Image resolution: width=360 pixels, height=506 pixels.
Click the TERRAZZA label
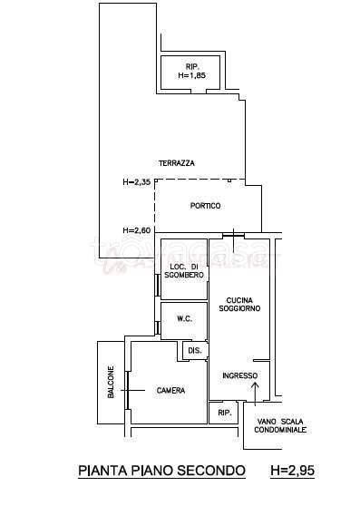177,163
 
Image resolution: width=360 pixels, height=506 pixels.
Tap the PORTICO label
206,206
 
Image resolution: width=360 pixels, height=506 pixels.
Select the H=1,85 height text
192,75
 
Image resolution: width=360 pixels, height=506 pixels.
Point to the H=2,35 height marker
137,182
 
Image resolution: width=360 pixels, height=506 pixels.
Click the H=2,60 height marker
137,230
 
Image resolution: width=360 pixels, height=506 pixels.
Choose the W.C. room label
184,319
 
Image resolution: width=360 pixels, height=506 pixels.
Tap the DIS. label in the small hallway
195,350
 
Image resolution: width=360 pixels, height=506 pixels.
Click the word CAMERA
171,391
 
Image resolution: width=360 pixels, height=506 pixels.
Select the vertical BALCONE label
111,382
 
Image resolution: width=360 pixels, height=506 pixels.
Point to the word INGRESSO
240,375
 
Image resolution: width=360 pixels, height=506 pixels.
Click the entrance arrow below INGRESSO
255,394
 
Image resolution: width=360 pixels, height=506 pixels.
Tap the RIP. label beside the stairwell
225,413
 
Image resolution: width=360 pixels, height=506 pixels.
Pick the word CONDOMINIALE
280,430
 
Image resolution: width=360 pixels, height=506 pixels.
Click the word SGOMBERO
184,275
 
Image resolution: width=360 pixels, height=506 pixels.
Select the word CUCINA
239,300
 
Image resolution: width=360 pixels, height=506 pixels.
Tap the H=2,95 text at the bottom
293,471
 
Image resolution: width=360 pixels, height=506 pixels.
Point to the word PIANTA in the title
103,471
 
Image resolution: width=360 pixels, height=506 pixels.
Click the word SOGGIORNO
239,308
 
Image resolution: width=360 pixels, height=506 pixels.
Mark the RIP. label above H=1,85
192,67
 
